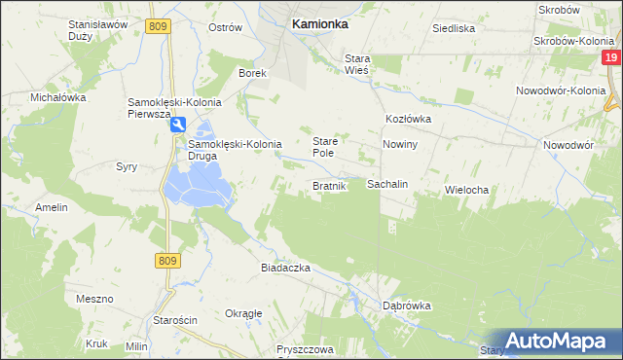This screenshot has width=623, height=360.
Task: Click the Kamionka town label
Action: tap(320, 26)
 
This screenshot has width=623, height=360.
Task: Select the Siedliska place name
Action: tap(454, 28)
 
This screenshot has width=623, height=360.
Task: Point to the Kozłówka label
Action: tap(408, 119)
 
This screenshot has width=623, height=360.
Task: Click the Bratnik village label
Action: tap(329, 186)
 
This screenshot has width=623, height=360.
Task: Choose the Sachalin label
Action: tap(386, 184)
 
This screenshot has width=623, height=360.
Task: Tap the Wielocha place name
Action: tap(465, 190)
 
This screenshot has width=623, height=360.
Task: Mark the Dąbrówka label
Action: tap(406, 305)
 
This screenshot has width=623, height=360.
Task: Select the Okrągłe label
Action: tap(243, 313)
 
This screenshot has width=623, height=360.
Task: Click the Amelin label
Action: tap(52, 207)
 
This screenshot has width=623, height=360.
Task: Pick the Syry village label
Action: tap(127, 166)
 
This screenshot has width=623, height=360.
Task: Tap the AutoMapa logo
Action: tap(557, 341)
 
